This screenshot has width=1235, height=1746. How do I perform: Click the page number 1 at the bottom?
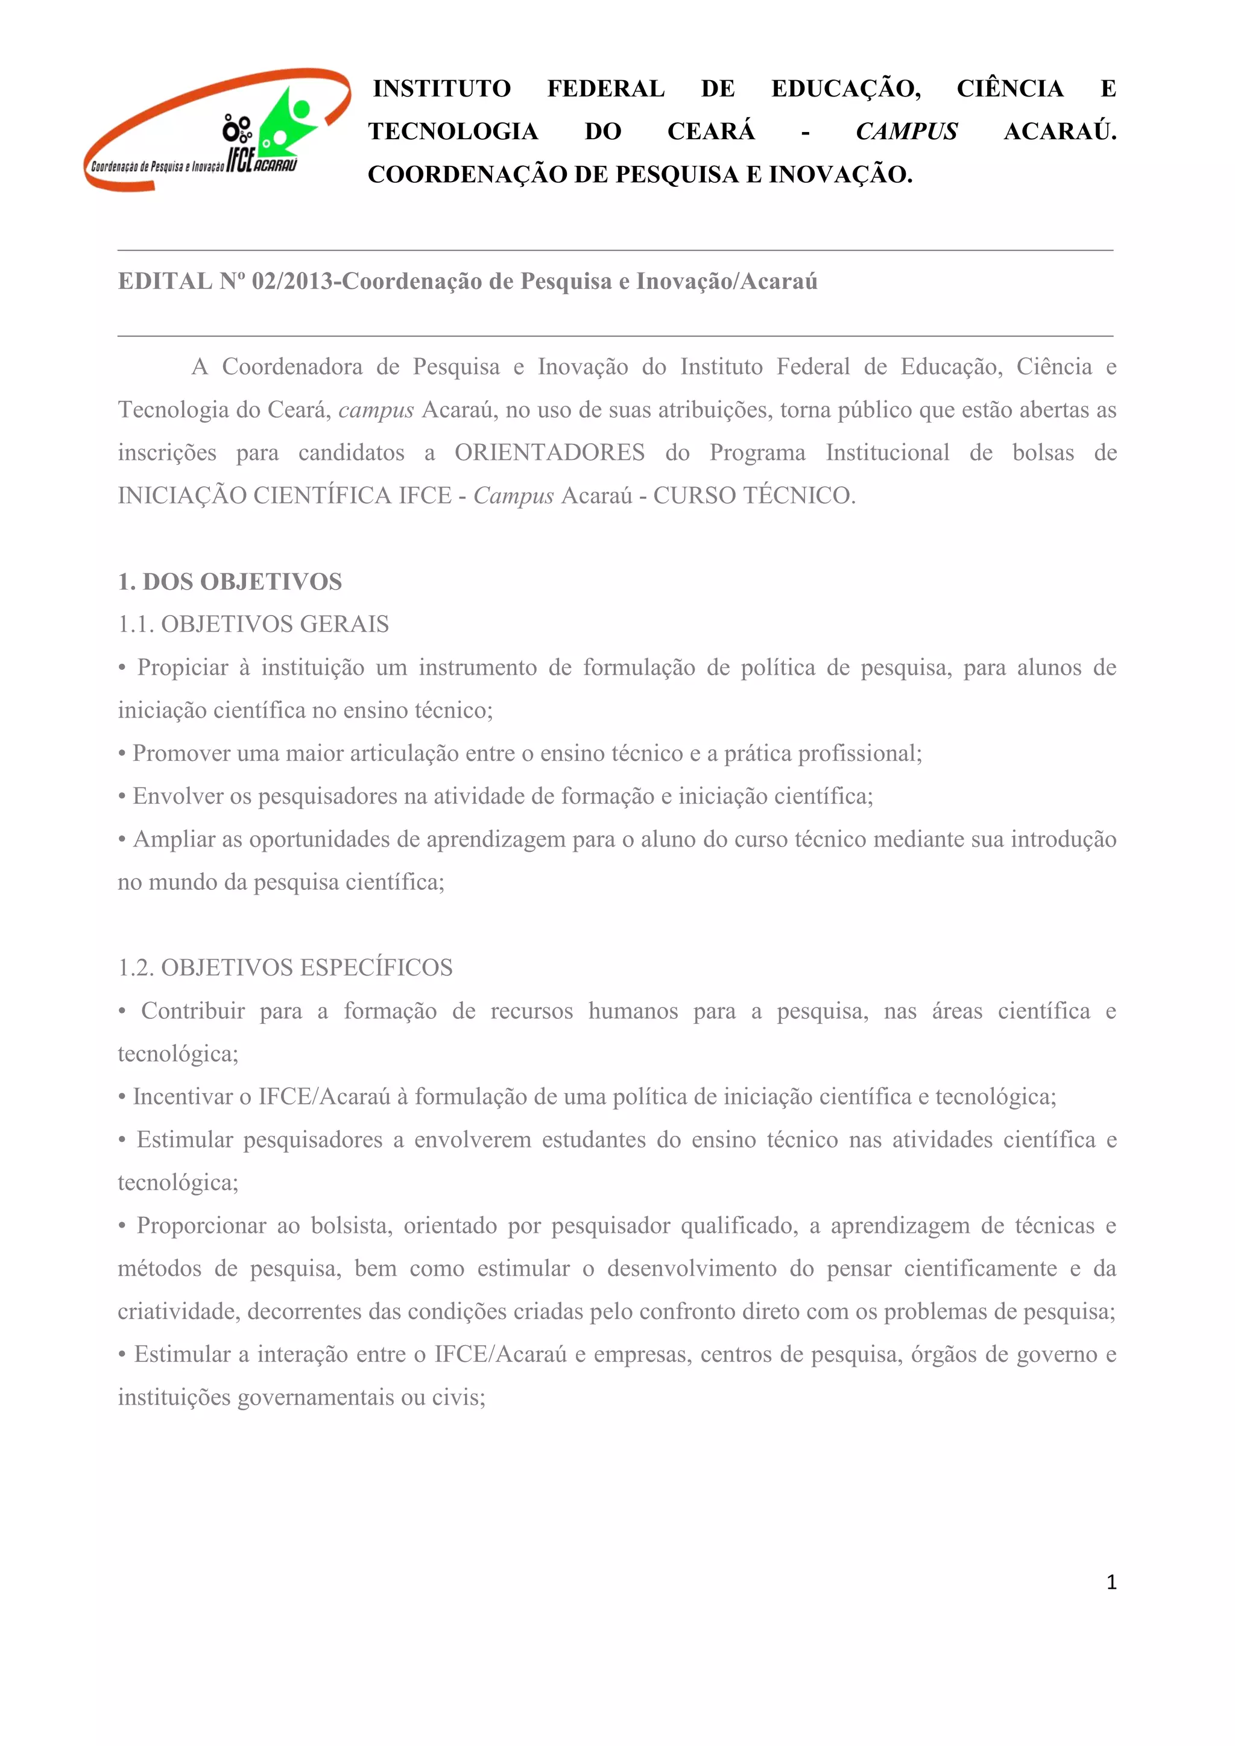[1111, 1583]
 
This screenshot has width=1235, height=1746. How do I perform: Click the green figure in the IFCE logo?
[288, 122]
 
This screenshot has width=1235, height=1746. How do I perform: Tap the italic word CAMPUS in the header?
[906, 131]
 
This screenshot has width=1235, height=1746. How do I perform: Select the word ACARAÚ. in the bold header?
[1060, 131]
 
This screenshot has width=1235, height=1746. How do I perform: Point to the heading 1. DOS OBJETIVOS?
[230, 582]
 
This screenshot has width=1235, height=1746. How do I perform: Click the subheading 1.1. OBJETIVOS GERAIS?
[253, 625]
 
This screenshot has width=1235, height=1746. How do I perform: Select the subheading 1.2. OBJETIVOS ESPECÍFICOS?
[285, 968]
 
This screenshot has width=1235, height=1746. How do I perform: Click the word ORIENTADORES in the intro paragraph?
[549, 453]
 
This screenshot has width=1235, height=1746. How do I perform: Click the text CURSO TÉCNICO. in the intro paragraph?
[754, 496]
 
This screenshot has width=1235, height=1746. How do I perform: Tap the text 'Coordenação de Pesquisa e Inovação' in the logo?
[157, 166]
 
